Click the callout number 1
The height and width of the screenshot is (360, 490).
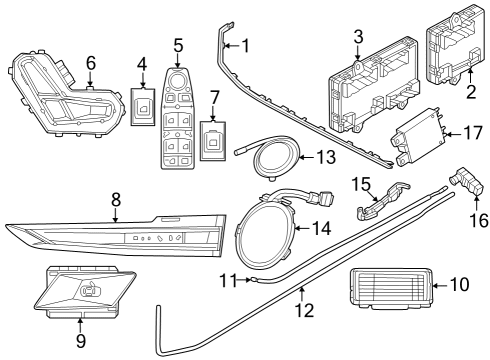click(247, 45)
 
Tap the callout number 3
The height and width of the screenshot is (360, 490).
click(357, 38)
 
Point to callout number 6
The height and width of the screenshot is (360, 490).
click(90, 62)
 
